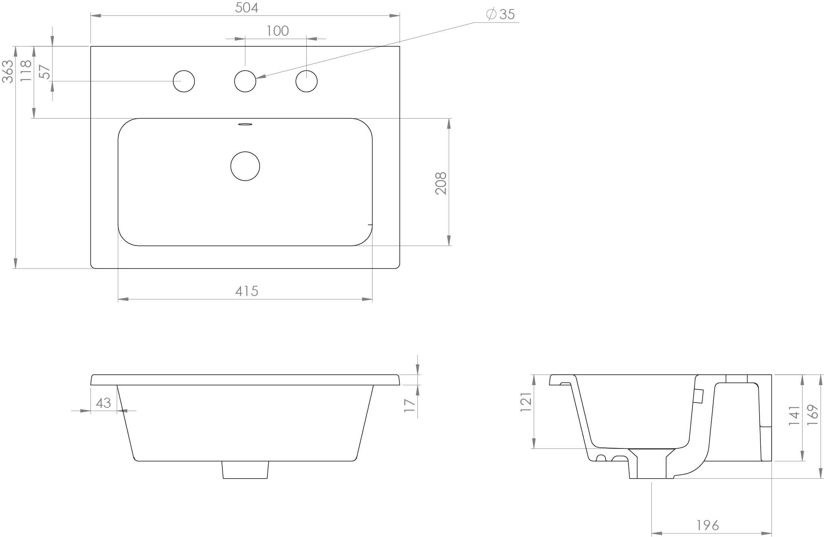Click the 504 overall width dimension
pyautogui.click(x=246, y=8)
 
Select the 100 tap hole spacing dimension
pyautogui.click(x=277, y=31)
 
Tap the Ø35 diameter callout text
pyautogui.click(x=501, y=14)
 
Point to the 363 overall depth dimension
pyautogui.click(x=8, y=71)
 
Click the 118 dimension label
pyautogui.click(x=26, y=71)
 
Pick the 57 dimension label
pyautogui.click(x=44, y=72)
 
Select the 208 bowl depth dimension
pyautogui.click(x=441, y=183)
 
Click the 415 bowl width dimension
pyautogui.click(x=246, y=291)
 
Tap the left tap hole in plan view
pyautogui.click(x=184, y=81)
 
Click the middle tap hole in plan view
pyautogui.click(x=245, y=81)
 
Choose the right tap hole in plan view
pyautogui.click(x=306, y=81)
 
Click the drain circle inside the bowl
pyautogui.click(x=245, y=166)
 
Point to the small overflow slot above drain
pyautogui.click(x=245, y=124)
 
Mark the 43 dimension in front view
pyautogui.click(x=103, y=403)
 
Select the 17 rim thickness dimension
pyautogui.click(x=410, y=405)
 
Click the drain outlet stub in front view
pyautogui.click(x=245, y=470)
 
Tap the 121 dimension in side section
pyautogui.click(x=526, y=401)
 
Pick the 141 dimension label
pyautogui.click(x=794, y=415)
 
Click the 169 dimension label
pyautogui.click(x=813, y=415)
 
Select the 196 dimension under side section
pyautogui.click(x=707, y=525)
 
